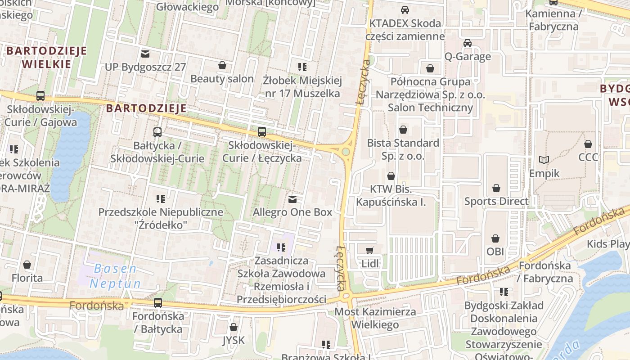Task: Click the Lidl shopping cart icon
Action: pos(370,250)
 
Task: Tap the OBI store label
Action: pos(495,251)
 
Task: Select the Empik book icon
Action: pos(544,160)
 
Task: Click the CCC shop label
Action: pos(588,157)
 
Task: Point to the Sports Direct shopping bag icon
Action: pos(496,188)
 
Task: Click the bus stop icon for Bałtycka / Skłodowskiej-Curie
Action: pos(157,132)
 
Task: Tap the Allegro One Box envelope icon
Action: pos(292,198)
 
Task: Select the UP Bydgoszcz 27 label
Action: pos(145,67)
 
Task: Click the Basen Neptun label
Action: pos(115,276)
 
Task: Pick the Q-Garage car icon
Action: pos(468,43)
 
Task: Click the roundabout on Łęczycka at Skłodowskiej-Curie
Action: pos(346,152)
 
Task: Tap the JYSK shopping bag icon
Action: pos(233,327)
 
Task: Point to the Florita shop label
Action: pos(27,278)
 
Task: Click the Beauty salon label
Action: pos(222,79)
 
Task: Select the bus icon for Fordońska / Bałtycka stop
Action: pos(157,302)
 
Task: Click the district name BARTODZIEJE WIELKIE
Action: pos(46,57)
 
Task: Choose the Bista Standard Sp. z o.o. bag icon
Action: pos(403,130)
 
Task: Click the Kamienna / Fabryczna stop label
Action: pos(553,20)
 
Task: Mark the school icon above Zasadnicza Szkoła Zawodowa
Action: pos(281,247)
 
